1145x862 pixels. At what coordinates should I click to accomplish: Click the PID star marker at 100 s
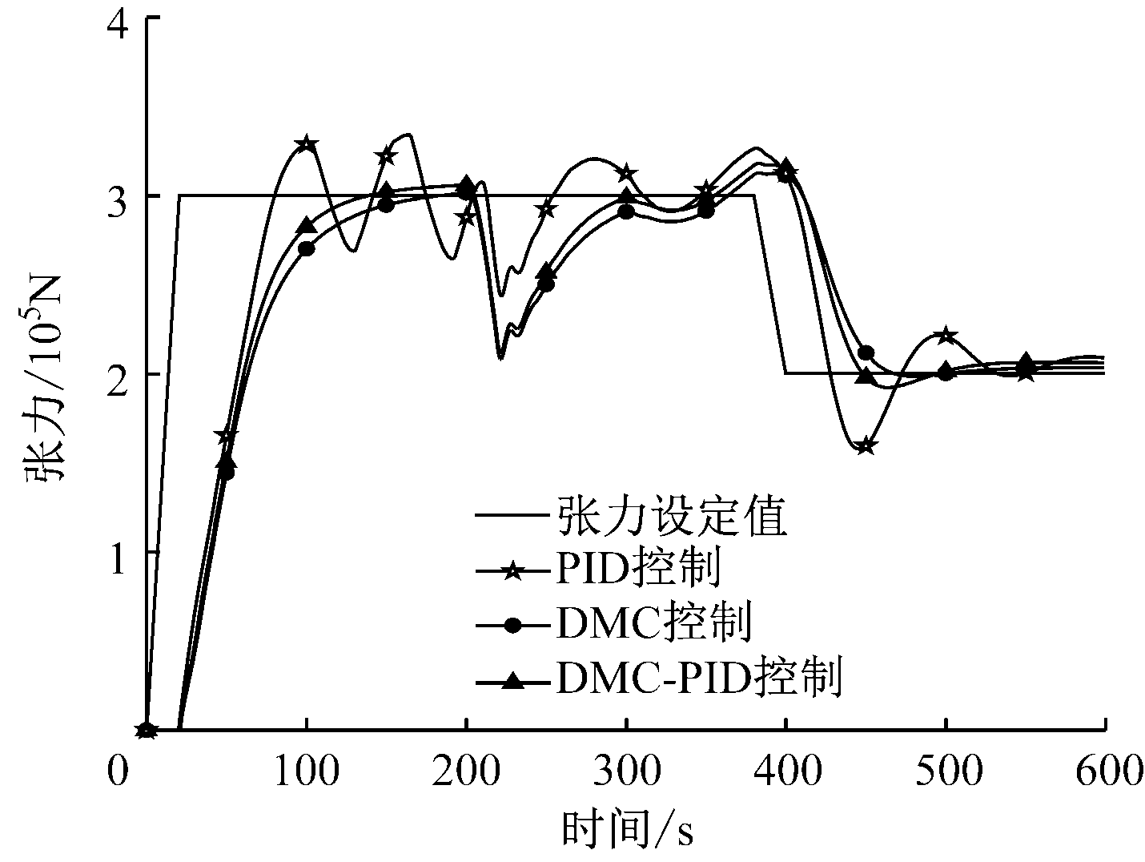pyautogui.click(x=306, y=145)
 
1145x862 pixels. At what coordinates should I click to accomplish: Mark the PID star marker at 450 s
pyautogui.click(x=866, y=446)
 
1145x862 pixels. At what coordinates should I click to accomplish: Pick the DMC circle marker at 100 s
pyautogui.click(x=306, y=248)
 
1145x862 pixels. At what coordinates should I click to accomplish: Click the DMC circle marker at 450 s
pyautogui.click(x=866, y=352)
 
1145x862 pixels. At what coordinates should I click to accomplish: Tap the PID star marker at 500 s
pyautogui.click(x=946, y=335)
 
